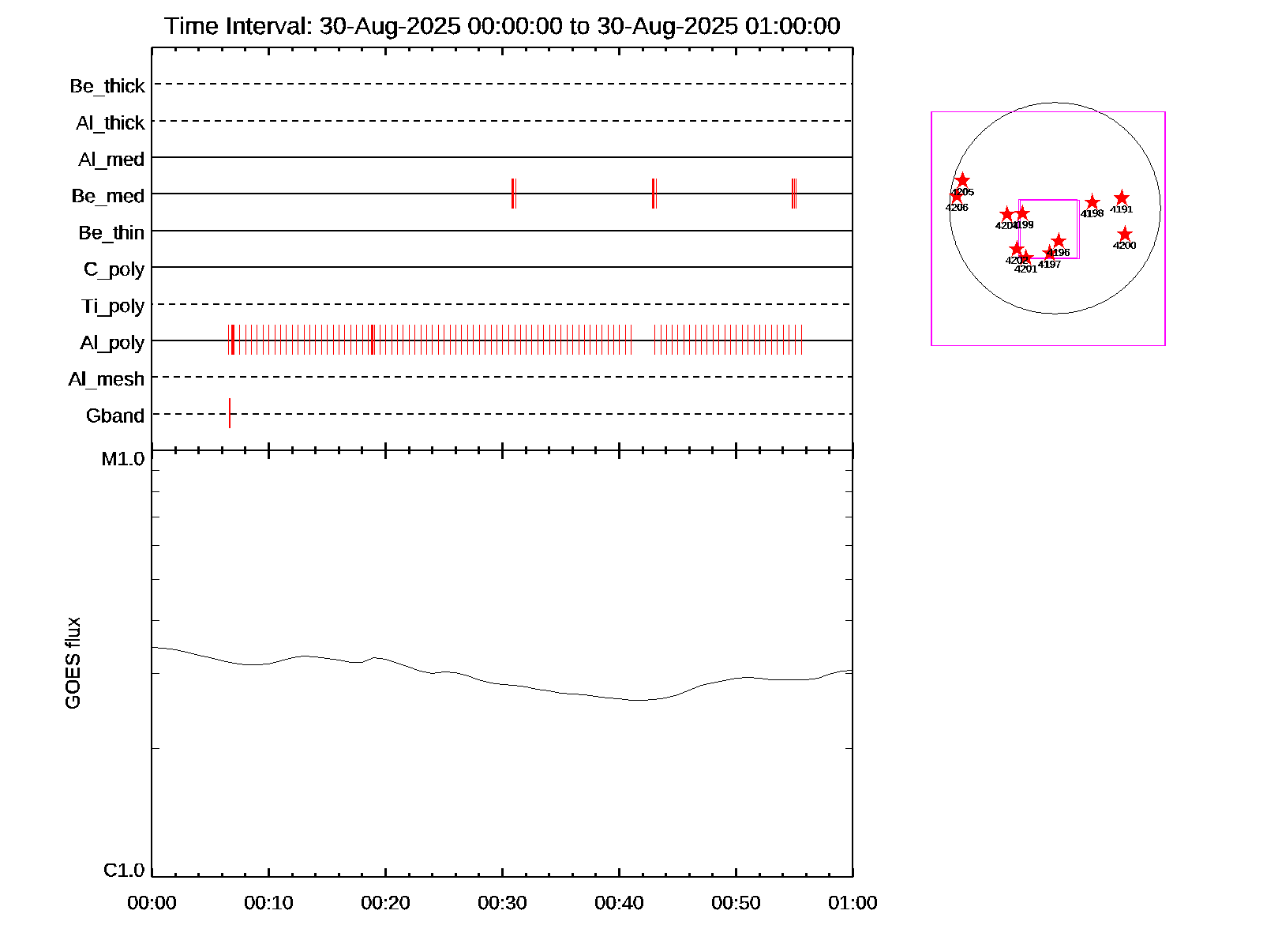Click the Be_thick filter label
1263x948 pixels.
point(107,86)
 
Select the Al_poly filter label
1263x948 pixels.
point(112,343)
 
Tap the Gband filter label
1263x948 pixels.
point(115,416)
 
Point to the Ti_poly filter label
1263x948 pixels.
point(113,307)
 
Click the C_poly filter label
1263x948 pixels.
point(114,269)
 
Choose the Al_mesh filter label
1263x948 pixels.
point(107,380)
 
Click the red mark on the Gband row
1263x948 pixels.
point(230,413)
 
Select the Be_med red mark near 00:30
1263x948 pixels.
point(513,194)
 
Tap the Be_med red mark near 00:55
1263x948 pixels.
point(793,194)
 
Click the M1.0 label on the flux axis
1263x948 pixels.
point(123,459)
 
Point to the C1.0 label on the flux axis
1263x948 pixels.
point(124,871)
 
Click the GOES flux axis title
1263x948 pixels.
point(73,663)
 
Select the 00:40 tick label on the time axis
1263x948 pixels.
point(619,903)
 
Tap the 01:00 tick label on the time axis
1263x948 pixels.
point(853,903)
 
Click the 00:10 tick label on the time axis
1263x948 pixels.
point(268,903)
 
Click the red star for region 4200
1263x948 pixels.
point(1125,235)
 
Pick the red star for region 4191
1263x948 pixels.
point(1122,198)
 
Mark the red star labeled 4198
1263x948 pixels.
point(1092,203)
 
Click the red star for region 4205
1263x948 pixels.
point(962,181)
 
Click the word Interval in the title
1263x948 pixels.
point(268,26)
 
